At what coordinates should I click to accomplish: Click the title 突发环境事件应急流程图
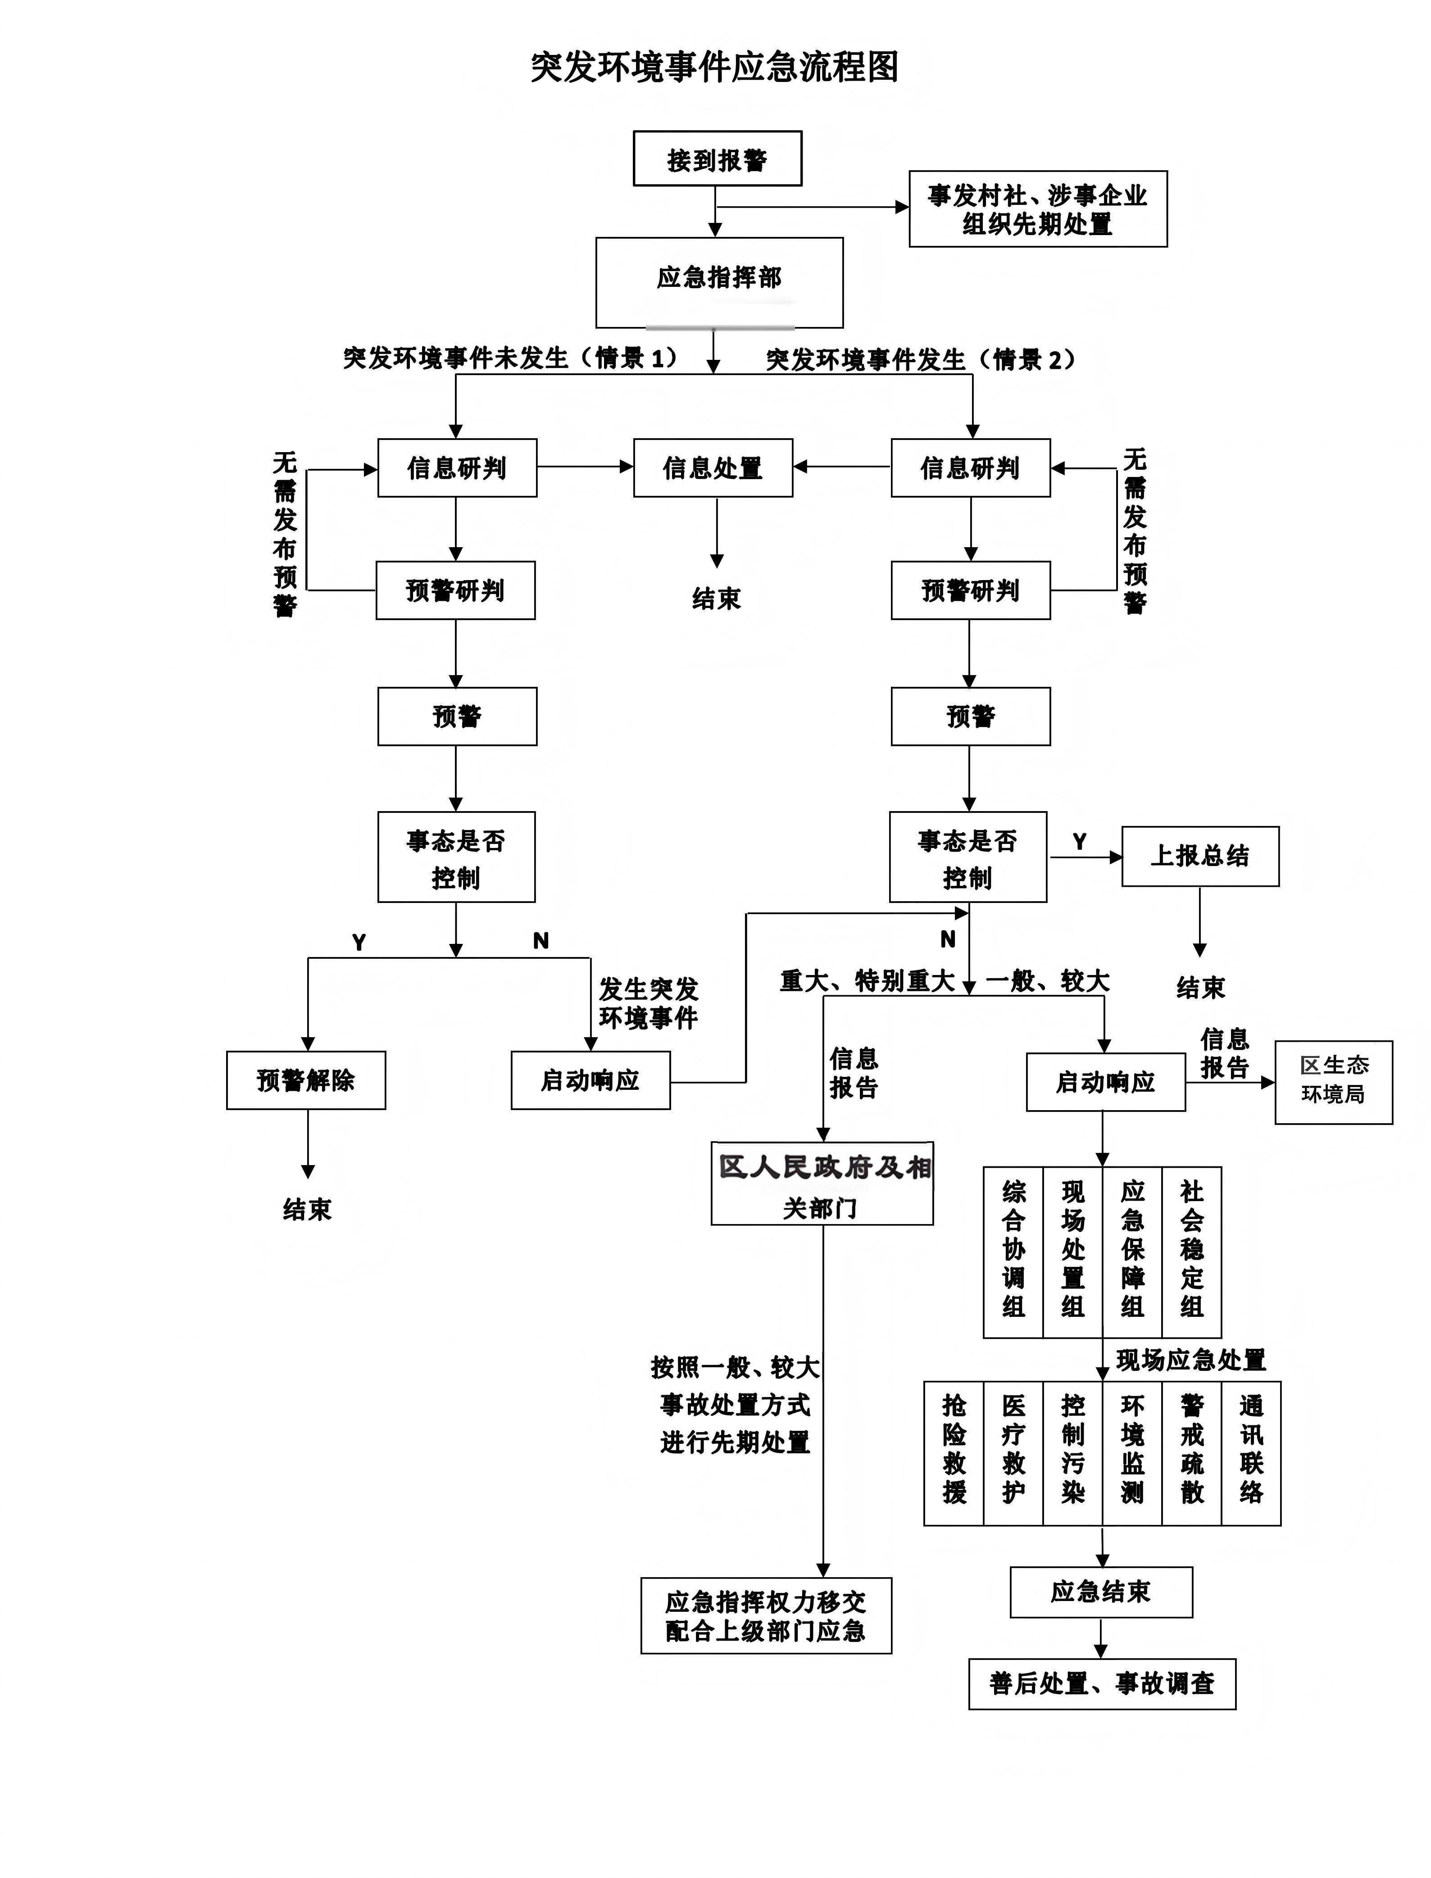pos(715,67)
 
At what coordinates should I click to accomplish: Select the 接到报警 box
pos(717,159)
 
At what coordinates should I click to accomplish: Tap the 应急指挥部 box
pos(719,283)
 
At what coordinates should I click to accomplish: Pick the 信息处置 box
pos(713,467)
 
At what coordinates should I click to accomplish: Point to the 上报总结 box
pos(1200,856)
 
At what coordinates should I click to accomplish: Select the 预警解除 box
pos(306,1080)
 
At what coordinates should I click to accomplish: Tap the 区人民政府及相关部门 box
pos(822,1183)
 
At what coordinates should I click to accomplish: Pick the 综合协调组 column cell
pos(1013,1252)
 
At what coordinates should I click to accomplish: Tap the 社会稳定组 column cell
pos(1192,1252)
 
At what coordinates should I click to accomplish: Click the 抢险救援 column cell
pos(954,1453)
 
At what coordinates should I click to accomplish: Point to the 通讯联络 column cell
pos(1251,1453)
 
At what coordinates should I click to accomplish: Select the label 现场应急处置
pos(1191,1359)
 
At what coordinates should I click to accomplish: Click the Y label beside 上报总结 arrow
pos(1079,841)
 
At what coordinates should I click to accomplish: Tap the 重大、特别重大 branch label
pos(867,981)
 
